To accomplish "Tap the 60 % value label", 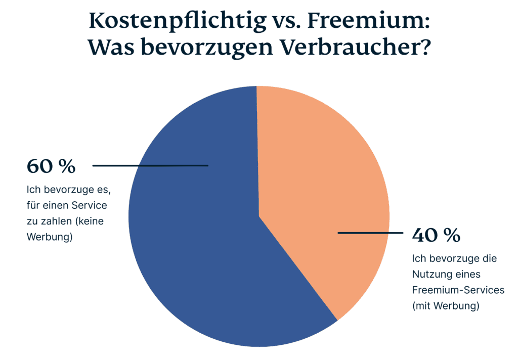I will tap(51, 165).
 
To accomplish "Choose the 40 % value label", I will tap(436, 235).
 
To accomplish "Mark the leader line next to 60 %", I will tap(150, 165).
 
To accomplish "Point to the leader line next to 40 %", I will tap(370, 233).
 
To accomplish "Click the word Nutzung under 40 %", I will tap(430, 275).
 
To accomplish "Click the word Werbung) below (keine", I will tap(50, 237).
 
